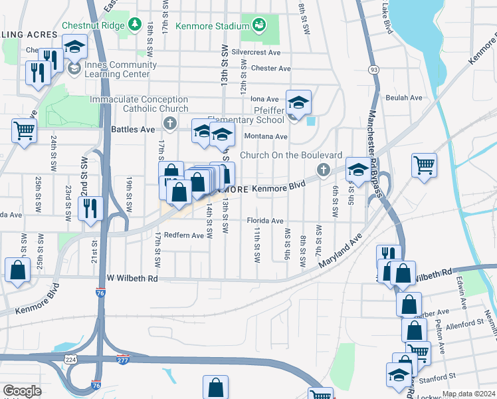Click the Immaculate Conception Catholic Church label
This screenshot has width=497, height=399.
[x=138, y=104]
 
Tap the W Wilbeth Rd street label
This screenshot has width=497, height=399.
[x=133, y=279]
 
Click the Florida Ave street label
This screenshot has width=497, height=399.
[x=265, y=221]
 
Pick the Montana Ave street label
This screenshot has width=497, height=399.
[x=265, y=136]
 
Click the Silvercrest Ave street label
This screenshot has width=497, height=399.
[x=256, y=52]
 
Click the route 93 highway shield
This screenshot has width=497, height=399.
[x=374, y=69]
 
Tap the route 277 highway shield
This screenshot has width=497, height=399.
[x=122, y=360]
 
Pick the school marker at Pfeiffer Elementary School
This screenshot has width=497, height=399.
[x=299, y=102]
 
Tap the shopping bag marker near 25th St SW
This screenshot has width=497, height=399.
[x=18, y=269]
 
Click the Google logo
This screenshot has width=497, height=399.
[x=22, y=391]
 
